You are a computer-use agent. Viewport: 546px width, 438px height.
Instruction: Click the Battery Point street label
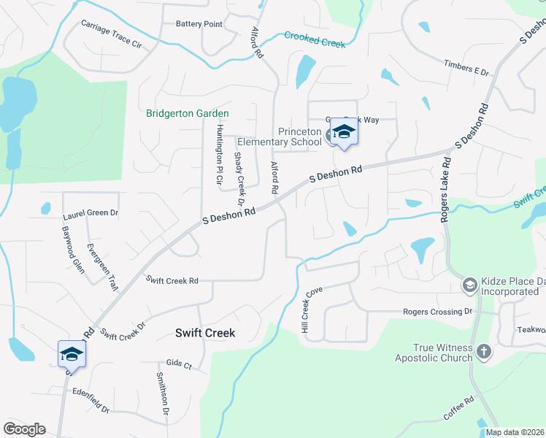(199, 24)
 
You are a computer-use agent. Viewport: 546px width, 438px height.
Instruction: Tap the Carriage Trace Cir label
(111, 34)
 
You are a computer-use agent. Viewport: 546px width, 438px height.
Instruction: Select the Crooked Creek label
(315, 39)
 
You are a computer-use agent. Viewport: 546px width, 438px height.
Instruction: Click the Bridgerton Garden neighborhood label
(188, 113)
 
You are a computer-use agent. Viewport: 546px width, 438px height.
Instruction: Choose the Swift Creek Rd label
(172, 280)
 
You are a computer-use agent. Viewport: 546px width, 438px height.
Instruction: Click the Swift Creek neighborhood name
(205, 332)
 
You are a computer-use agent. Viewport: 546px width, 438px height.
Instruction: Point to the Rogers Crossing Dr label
(438, 312)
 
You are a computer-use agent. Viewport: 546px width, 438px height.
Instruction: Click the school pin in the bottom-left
(72, 355)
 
